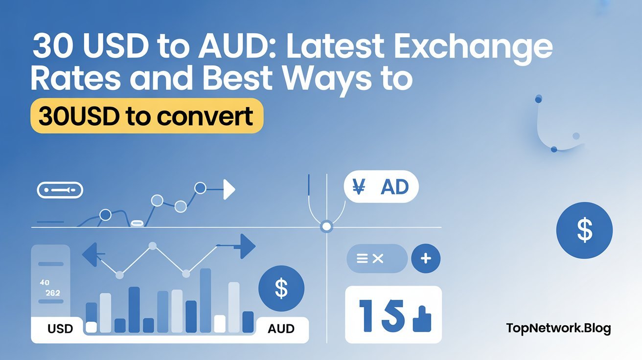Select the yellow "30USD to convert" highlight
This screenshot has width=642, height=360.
[x=146, y=116]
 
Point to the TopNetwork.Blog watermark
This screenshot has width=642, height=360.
[x=558, y=328]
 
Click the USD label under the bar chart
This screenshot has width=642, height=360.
[x=60, y=328]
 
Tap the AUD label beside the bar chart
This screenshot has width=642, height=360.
[x=281, y=328]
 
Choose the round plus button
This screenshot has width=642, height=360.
[x=426, y=259]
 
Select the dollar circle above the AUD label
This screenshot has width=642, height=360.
[x=281, y=289]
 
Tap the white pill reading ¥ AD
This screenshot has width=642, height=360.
[x=381, y=187]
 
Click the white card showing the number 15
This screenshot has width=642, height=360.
[x=393, y=315]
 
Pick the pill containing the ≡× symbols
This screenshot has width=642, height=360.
[x=376, y=259]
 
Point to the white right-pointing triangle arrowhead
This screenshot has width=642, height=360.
[x=229, y=190]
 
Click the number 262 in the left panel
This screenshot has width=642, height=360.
[x=52, y=293]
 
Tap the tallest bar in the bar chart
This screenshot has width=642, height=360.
[x=206, y=300]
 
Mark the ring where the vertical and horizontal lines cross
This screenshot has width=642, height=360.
[x=326, y=227]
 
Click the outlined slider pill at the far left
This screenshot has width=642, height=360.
[x=60, y=190]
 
